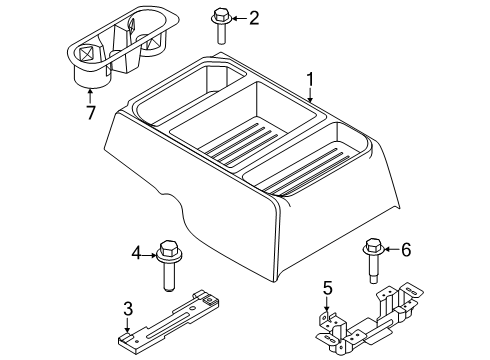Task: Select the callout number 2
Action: pyautogui.click(x=254, y=17)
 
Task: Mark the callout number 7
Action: pyautogui.click(x=90, y=112)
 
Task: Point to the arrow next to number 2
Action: pyautogui.click(x=236, y=17)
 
